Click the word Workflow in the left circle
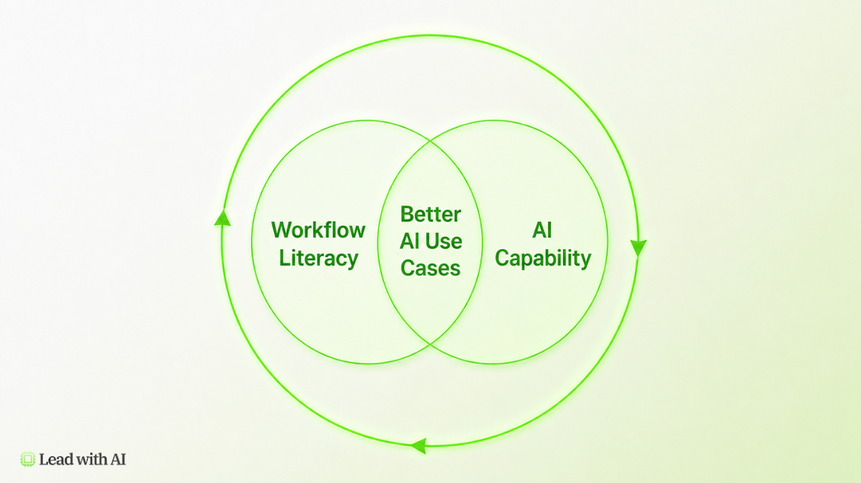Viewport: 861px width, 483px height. tap(319, 230)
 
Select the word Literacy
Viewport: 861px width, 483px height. tap(319, 259)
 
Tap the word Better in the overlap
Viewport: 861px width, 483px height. tap(430, 214)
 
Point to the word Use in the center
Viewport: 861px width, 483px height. tap(443, 241)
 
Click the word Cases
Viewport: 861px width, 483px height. tap(430, 268)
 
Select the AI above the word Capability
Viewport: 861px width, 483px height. tap(542, 230)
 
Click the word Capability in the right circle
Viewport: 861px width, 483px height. tap(542, 259)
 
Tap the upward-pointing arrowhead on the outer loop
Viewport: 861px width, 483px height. tap(222, 218)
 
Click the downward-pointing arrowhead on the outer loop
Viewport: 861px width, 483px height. tap(638, 249)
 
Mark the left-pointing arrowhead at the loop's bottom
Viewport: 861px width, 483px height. tap(418, 446)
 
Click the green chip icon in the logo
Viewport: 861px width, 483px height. tap(28, 459)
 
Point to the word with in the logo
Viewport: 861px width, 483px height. tap(92, 459)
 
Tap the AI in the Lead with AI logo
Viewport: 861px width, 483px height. tap(118, 459)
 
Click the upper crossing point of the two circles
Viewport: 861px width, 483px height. tap(430, 141)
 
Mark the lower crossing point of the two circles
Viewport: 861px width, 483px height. tap(430, 343)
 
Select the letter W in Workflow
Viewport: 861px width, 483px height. tap(283, 230)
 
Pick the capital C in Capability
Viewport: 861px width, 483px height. tap(503, 258)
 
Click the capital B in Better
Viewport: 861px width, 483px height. tap(407, 214)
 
